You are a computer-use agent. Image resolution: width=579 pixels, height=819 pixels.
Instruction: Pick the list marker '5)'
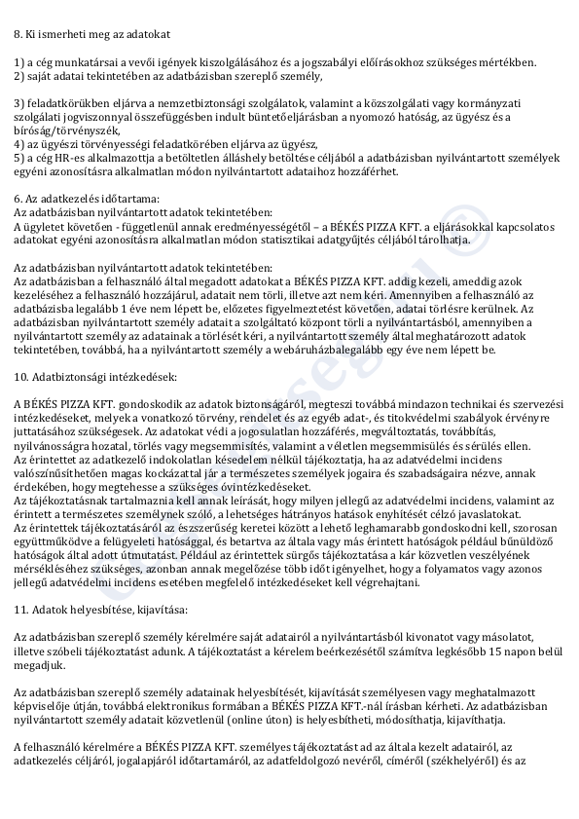(19, 157)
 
